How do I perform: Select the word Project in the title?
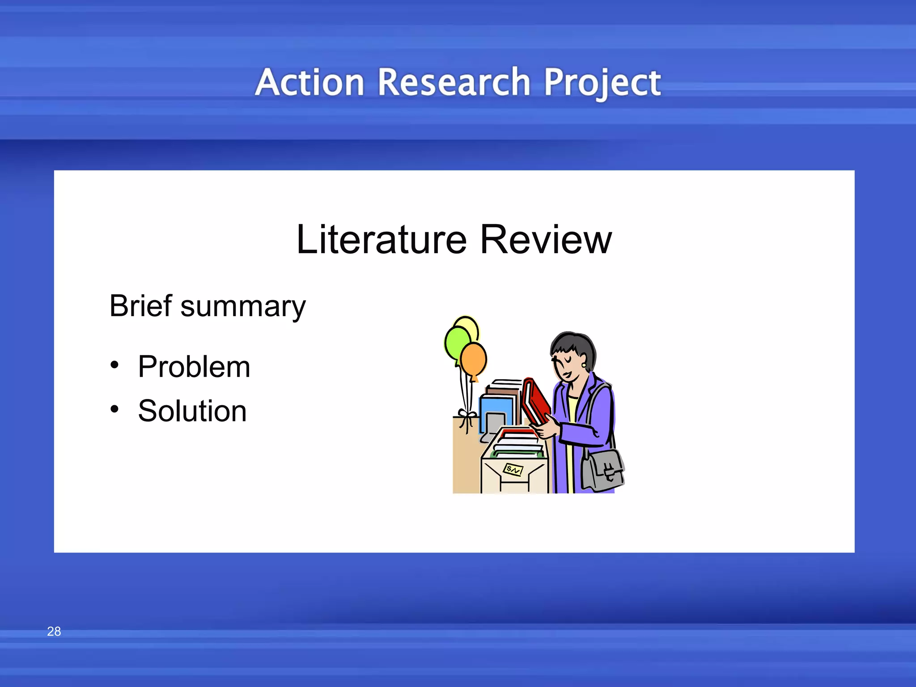[x=602, y=83]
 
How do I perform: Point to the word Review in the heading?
[x=546, y=240]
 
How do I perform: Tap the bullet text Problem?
[x=194, y=367]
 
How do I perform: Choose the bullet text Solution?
[x=192, y=411]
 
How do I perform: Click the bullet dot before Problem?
[x=115, y=365]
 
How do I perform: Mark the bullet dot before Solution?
[x=115, y=409]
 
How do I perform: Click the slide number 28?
[x=54, y=631]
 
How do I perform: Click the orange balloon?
[x=474, y=359]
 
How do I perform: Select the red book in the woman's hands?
[x=535, y=401]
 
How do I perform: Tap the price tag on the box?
[x=513, y=470]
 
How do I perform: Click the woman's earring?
[x=584, y=365]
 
